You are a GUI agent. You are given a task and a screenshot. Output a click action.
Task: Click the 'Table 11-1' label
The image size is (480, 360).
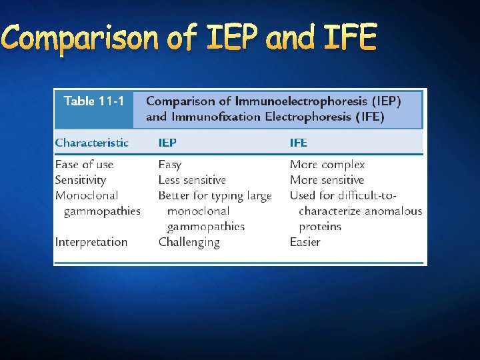tap(94, 101)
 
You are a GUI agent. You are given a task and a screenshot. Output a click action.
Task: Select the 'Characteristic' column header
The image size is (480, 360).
tap(92, 142)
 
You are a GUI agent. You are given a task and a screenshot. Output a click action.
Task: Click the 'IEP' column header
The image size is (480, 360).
tap(167, 142)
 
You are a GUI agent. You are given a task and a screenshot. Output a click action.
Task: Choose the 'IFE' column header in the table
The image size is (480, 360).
tap(299, 142)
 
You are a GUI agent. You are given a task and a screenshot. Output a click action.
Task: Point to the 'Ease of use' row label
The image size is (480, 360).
tap(85, 164)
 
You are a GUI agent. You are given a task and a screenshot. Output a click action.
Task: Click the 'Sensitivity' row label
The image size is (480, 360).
tap(81, 180)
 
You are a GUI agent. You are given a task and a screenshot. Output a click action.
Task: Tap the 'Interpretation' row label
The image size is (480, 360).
tap(91, 242)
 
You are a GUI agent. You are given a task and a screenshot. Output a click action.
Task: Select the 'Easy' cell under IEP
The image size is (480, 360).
tap(170, 164)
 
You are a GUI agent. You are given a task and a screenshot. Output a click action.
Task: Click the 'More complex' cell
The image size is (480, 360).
tap(327, 164)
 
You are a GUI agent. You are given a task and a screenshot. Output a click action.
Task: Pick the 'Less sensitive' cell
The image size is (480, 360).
tap(192, 180)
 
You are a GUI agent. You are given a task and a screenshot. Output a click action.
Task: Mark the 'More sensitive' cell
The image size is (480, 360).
tap(327, 180)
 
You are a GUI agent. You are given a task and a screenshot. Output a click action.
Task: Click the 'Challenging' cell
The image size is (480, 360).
tap(189, 243)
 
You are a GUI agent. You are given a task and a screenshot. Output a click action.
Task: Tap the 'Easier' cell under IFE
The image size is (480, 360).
tap(305, 242)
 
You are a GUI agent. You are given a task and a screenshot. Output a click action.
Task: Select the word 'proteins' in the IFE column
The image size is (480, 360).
tap(320, 227)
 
